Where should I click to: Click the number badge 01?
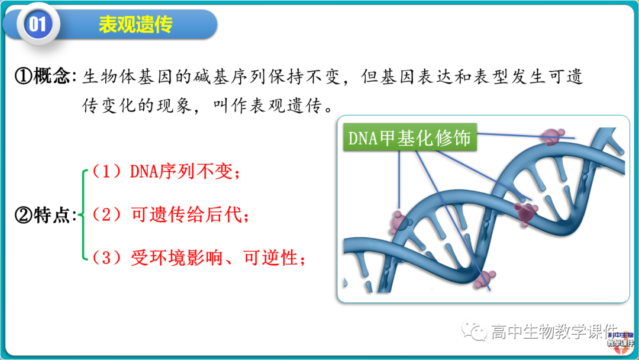coord(37,24)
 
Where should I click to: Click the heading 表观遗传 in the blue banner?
coord(135,25)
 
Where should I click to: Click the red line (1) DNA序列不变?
coord(166,172)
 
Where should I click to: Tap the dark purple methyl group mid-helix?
coord(524,211)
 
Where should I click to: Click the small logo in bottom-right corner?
coord(620,339)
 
